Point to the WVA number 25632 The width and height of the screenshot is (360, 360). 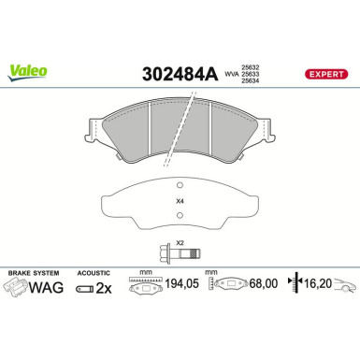pos(251,65)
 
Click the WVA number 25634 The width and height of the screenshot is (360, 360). pos(251,81)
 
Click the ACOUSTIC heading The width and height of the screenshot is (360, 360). pos(91,271)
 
